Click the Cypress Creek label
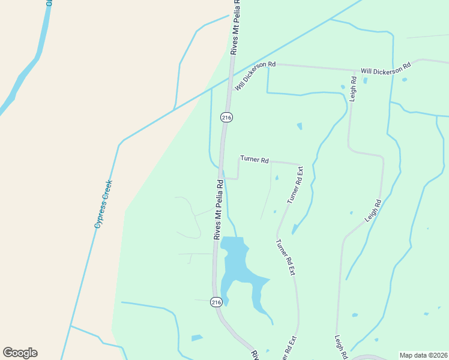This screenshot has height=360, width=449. point(103,204)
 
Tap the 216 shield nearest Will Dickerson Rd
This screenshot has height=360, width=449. point(226,118)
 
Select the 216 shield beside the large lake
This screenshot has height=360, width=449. point(216,302)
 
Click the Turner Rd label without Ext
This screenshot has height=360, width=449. point(254,159)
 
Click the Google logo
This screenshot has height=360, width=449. point(20,353)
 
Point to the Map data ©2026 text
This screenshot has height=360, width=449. point(423,355)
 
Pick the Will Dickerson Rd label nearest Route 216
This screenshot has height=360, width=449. point(255,76)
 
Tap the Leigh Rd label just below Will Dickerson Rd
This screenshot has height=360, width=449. point(353,88)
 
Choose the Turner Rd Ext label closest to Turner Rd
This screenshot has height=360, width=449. point(295,185)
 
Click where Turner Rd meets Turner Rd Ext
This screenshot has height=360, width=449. point(298,164)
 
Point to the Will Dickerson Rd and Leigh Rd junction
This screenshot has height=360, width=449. point(351,70)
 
